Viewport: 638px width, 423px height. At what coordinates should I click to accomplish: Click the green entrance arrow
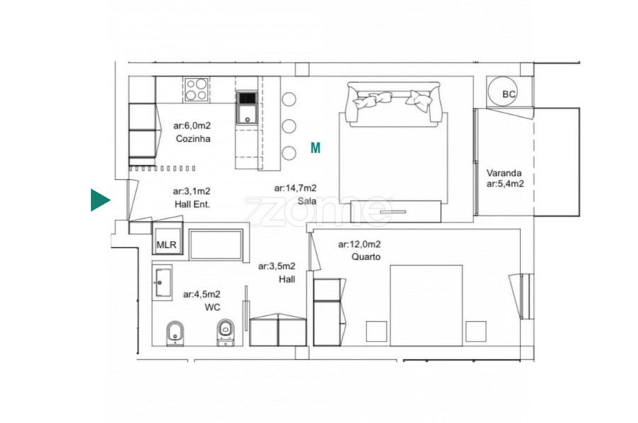tap(99, 200)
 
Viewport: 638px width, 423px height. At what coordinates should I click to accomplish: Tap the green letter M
tap(315, 148)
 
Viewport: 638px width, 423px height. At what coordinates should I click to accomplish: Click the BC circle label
tap(508, 94)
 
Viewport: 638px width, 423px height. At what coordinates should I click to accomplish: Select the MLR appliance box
tap(167, 242)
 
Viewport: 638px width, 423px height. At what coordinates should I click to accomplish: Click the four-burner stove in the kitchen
tap(196, 89)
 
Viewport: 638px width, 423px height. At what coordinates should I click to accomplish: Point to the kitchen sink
tap(247, 108)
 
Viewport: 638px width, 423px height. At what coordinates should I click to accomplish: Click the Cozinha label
tap(193, 139)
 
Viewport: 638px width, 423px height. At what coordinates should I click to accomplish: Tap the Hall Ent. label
tap(192, 204)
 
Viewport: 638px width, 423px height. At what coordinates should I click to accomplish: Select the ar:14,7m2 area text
tap(295, 188)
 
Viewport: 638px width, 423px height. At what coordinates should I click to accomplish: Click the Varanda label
tap(504, 172)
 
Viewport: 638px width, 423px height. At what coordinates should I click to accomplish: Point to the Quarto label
tap(366, 256)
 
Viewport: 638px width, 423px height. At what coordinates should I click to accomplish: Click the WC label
tap(213, 307)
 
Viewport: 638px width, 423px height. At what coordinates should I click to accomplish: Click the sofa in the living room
tap(393, 103)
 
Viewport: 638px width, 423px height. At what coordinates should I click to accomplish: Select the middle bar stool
tap(289, 126)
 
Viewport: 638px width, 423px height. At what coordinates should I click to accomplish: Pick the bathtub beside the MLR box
tap(216, 244)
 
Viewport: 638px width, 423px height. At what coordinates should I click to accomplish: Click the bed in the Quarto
tap(426, 305)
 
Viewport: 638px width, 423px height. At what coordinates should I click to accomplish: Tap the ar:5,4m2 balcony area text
tap(505, 184)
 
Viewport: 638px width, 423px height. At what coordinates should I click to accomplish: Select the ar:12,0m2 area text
tap(359, 244)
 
